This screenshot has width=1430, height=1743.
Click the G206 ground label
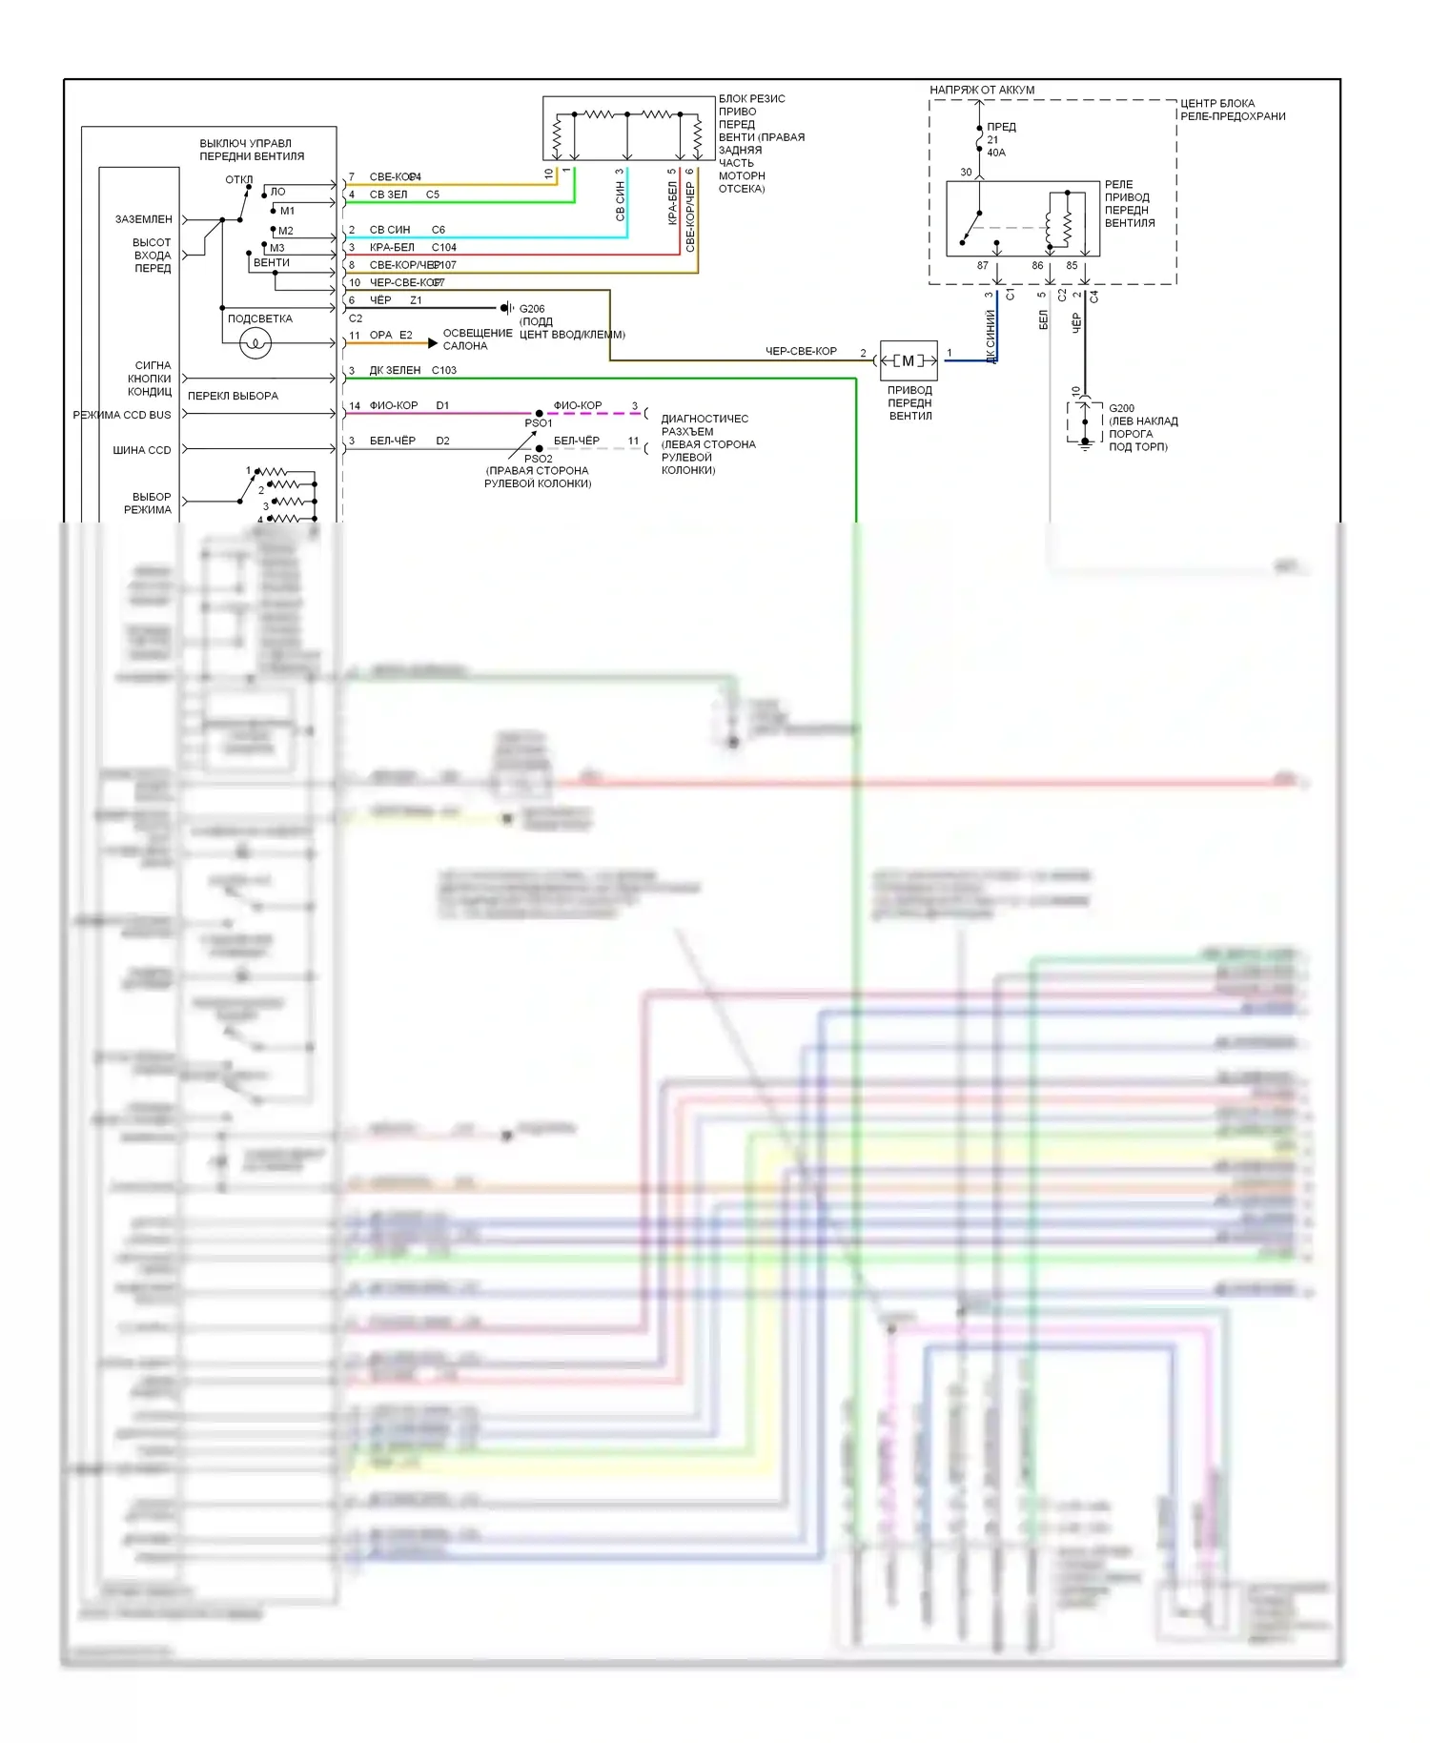coord(532,309)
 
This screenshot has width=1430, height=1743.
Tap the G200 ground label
coord(1121,408)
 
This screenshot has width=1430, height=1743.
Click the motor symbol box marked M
coord(909,360)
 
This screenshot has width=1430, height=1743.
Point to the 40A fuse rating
coord(996,153)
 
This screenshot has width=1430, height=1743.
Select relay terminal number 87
coord(983,266)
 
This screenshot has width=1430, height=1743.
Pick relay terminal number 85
coord(1072,266)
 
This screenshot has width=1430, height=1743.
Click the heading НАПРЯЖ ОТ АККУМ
coord(982,90)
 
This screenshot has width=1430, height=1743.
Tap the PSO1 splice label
coord(538,423)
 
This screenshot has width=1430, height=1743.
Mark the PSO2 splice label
coord(538,459)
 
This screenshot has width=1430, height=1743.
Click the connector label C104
coord(444,247)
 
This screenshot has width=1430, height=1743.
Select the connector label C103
coord(444,370)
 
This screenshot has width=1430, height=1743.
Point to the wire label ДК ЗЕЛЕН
coord(395,370)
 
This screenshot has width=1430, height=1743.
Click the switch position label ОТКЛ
coord(238,180)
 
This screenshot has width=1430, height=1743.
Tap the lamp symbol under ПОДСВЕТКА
coord(255,342)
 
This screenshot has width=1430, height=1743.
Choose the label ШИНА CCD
coord(142,450)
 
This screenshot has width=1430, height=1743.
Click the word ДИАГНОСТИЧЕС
coord(705,419)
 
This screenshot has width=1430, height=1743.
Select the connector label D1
coord(442,405)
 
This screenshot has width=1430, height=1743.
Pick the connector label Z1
coord(416,300)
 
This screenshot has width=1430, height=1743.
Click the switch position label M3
coord(277,248)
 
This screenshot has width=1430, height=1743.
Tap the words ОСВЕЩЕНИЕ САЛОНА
coord(477,339)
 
